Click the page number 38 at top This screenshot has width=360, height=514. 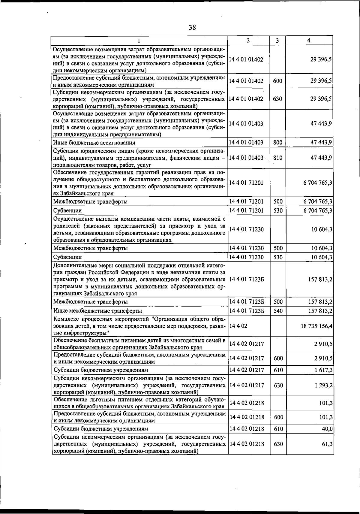click(x=192, y=28)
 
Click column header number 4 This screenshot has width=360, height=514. click(x=309, y=41)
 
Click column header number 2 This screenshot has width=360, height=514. click(x=248, y=41)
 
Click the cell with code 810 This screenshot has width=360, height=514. click(x=278, y=158)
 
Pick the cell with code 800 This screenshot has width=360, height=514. click(x=278, y=143)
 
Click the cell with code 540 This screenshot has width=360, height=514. click(x=278, y=311)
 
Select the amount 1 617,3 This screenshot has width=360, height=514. click(x=323, y=370)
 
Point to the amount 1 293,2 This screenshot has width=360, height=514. click(x=323, y=385)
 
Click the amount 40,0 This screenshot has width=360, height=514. click(x=327, y=429)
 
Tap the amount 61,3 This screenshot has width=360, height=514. click(x=327, y=444)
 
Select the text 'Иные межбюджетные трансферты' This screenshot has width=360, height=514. click(x=97, y=311)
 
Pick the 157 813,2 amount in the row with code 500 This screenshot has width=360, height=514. click(x=320, y=302)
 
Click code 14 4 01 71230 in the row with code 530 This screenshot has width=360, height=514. click(x=246, y=257)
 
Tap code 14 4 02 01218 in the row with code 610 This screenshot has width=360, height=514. click(x=246, y=429)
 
